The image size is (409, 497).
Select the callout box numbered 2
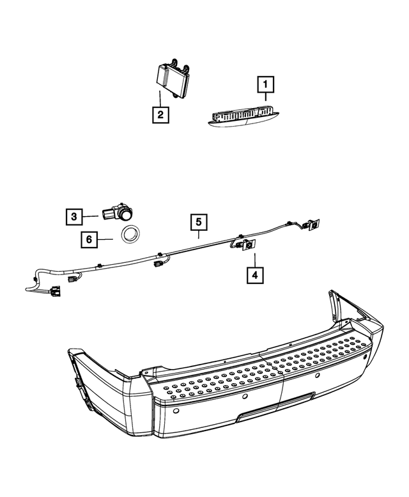[160, 114]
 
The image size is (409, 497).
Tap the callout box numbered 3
[74, 217]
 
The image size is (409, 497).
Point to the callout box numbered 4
[254, 276]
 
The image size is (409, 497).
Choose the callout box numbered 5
[199, 223]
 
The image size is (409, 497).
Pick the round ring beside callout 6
[133, 234]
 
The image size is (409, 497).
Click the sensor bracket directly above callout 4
[246, 244]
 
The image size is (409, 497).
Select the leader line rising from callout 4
[254, 260]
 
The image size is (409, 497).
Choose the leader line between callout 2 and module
[160, 100]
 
